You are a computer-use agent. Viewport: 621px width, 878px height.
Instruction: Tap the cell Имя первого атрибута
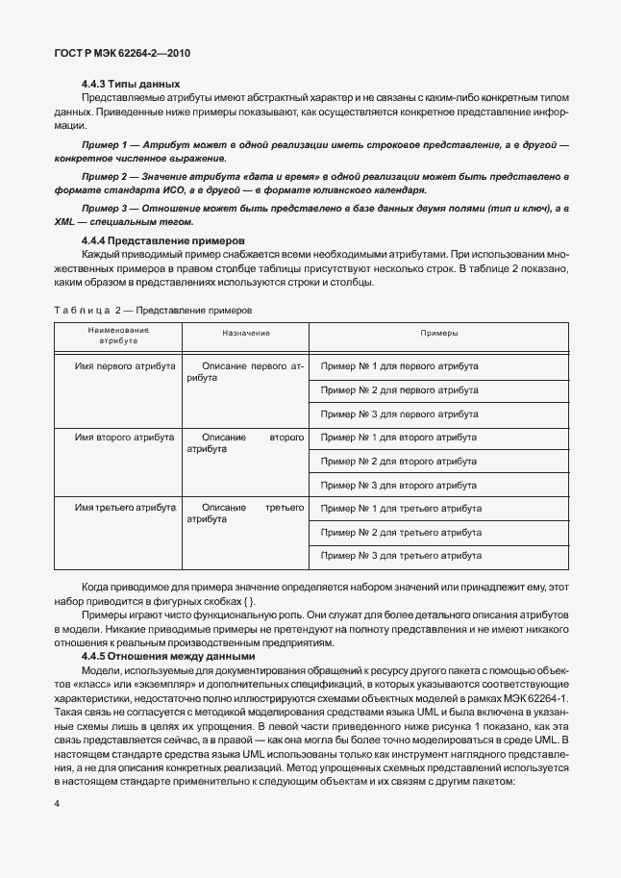125,366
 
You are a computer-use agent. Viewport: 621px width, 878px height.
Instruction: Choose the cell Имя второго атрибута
125,437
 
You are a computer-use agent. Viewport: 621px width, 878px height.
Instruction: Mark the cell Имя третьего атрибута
125,507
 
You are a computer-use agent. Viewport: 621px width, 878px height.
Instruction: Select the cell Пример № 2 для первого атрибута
400,389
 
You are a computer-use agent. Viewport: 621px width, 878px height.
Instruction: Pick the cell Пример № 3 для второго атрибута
399,485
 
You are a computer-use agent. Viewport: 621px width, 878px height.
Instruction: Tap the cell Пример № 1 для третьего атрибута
401,508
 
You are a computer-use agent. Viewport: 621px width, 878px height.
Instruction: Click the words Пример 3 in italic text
106,208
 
